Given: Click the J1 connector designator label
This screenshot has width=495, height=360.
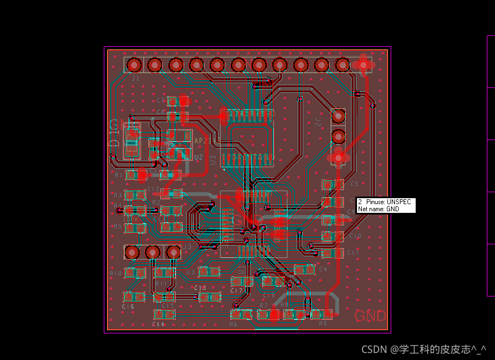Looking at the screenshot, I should coord(135,78).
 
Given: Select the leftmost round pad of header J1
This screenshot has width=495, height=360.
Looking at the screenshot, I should coord(134,65).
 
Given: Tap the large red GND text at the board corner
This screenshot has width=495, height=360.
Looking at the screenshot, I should coord(370,316).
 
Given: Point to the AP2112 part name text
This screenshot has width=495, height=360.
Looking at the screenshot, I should coord(206,141).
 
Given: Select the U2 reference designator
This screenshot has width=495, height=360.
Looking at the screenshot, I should coord(198,157).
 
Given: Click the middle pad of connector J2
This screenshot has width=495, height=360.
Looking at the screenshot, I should coord(338,136).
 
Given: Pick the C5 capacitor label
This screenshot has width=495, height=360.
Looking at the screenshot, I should coord(354,184).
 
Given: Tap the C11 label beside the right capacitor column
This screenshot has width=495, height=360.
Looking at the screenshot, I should coord(353,253).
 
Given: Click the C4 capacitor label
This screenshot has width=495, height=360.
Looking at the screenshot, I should coord(323,269).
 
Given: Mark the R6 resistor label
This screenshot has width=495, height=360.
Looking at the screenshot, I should coord(233,324).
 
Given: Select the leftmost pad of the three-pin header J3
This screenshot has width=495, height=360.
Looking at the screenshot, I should coord(132,252).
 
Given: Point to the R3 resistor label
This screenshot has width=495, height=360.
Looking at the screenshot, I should coord(117,195).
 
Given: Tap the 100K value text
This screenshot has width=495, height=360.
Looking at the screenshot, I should coord(133,219).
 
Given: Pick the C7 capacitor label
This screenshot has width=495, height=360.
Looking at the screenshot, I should coord(161,100).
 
